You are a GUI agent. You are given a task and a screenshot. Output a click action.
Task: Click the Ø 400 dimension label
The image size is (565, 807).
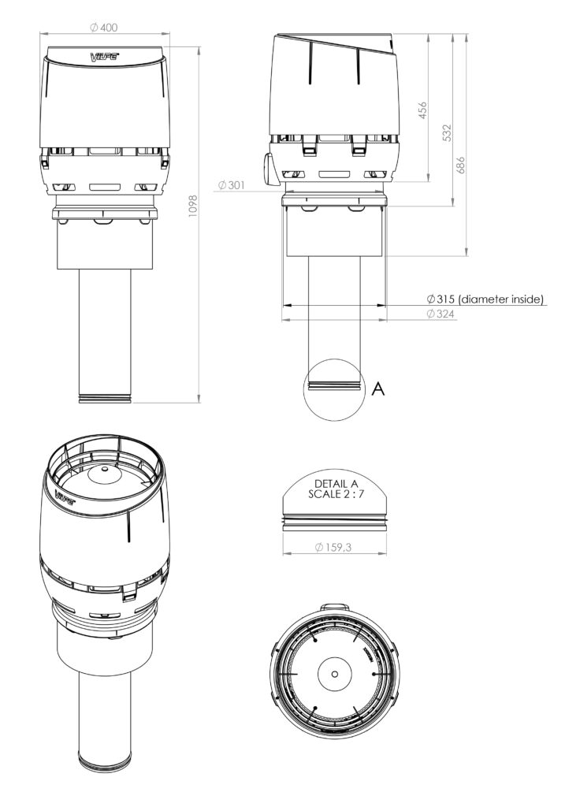(103, 28)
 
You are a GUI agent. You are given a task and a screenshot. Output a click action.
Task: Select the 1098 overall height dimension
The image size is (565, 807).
(192, 206)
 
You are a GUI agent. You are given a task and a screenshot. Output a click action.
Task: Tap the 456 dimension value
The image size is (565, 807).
(422, 110)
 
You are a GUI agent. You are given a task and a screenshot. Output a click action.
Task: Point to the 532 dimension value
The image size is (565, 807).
(447, 132)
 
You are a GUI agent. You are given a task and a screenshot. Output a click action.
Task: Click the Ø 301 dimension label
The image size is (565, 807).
(232, 184)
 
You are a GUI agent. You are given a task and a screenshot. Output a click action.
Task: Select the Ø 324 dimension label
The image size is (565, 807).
(440, 314)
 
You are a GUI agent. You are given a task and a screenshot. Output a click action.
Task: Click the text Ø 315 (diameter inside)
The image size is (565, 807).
(485, 299)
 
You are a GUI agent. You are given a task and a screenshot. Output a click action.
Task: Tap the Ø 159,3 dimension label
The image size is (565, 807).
(333, 547)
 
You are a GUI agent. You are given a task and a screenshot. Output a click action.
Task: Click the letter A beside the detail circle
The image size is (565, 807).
(378, 389)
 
